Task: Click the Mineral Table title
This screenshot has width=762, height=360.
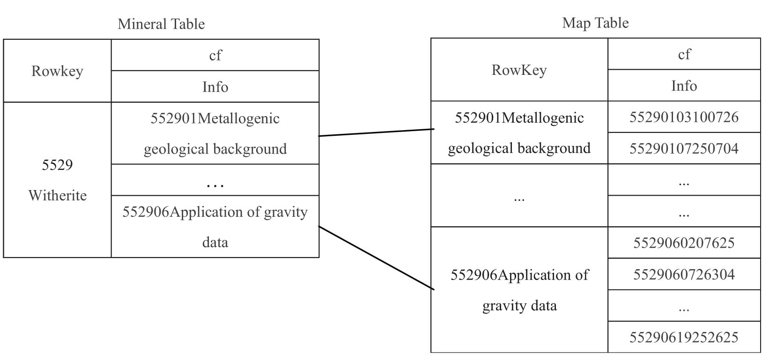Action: [161, 24]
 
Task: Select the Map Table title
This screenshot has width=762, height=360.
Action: [595, 23]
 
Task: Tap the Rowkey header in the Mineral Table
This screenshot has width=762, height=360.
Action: [57, 71]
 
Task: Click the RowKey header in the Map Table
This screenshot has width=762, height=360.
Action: [519, 70]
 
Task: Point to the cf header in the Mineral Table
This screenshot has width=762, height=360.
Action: [215, 55]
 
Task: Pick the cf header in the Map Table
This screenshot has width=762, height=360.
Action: [684, 54]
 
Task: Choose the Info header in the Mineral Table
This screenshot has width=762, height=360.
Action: [215, 87]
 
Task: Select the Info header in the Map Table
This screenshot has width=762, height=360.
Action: [684, 86]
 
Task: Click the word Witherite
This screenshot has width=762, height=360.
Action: [58, 196]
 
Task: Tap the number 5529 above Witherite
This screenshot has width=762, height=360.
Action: [57, 165]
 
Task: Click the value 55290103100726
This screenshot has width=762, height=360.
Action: [684, 118]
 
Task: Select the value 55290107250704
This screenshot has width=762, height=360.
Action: [684, 148]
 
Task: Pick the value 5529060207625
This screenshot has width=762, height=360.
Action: [684, 243]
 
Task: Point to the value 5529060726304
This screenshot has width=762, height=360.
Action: [684, 274]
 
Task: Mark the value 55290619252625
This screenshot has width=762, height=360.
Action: [684, 337]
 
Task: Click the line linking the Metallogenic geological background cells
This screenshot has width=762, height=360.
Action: [376, 132]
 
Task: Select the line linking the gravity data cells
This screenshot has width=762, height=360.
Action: [376, 257]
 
